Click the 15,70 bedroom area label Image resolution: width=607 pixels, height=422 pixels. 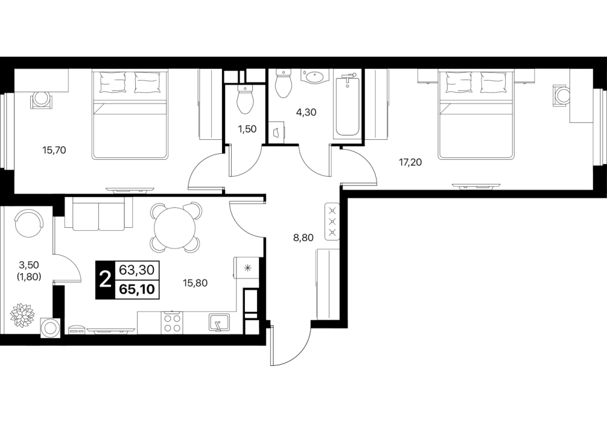pyautogui.click(x=54, y=150)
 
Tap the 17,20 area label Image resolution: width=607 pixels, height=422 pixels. pyautogui.click(x=410, y=163)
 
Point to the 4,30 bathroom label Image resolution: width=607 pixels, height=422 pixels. pyautogui.click(x=305, y=113)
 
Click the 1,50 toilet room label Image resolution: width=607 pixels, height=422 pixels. pyautogui.click(x=247, y=129)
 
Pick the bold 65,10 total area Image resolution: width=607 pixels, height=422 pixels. pyautogui.click(x=138, y=289)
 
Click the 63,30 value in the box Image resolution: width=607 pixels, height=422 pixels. pyautogui.click(x=138, y=269)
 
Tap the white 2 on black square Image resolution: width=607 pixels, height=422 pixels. pyautogui.click(x=105, y=280)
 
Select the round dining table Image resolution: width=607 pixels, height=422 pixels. pyautogui.click(x=176, y=228)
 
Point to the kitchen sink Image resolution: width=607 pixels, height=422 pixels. pyautogui.click(x=220, y=322)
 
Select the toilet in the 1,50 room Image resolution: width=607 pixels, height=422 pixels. pyautogui.click(x=244, y=99)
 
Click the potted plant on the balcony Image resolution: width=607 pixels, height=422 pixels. pyautogui.click(x=23, y=314)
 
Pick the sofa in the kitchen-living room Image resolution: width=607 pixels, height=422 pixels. pyautogui.click(x=99, y=213)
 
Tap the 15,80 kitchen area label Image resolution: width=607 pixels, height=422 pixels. pyautogui.click(x=195, y=283)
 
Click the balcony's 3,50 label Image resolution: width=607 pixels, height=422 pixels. pyautogui.click(x=30, y=265)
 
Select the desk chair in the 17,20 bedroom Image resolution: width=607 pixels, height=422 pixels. pyautogui.click(x=562, y=95)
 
